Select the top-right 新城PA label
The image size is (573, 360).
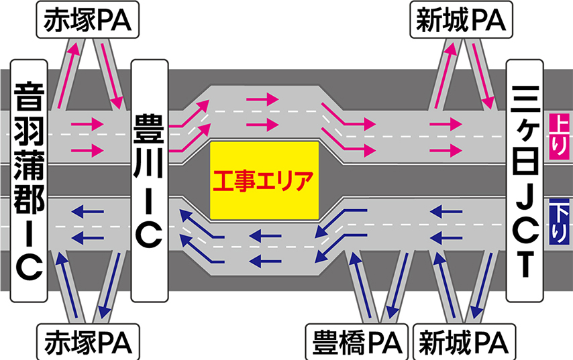(460, 21)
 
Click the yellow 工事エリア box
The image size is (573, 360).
(265, 180)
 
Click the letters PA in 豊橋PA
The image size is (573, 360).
(383, 342)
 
